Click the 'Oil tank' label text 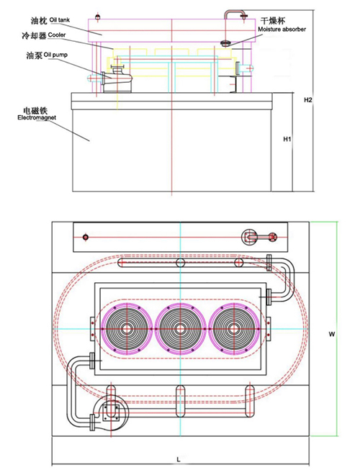(60, 20)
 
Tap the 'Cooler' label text (57, 35)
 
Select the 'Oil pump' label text (55, 55)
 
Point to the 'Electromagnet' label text (37, 117)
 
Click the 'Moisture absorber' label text (282, 30)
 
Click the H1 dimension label (287, 139)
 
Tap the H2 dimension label (308, 100)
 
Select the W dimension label (331, 334)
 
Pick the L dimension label (179, 459)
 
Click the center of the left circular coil (127, 329)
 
